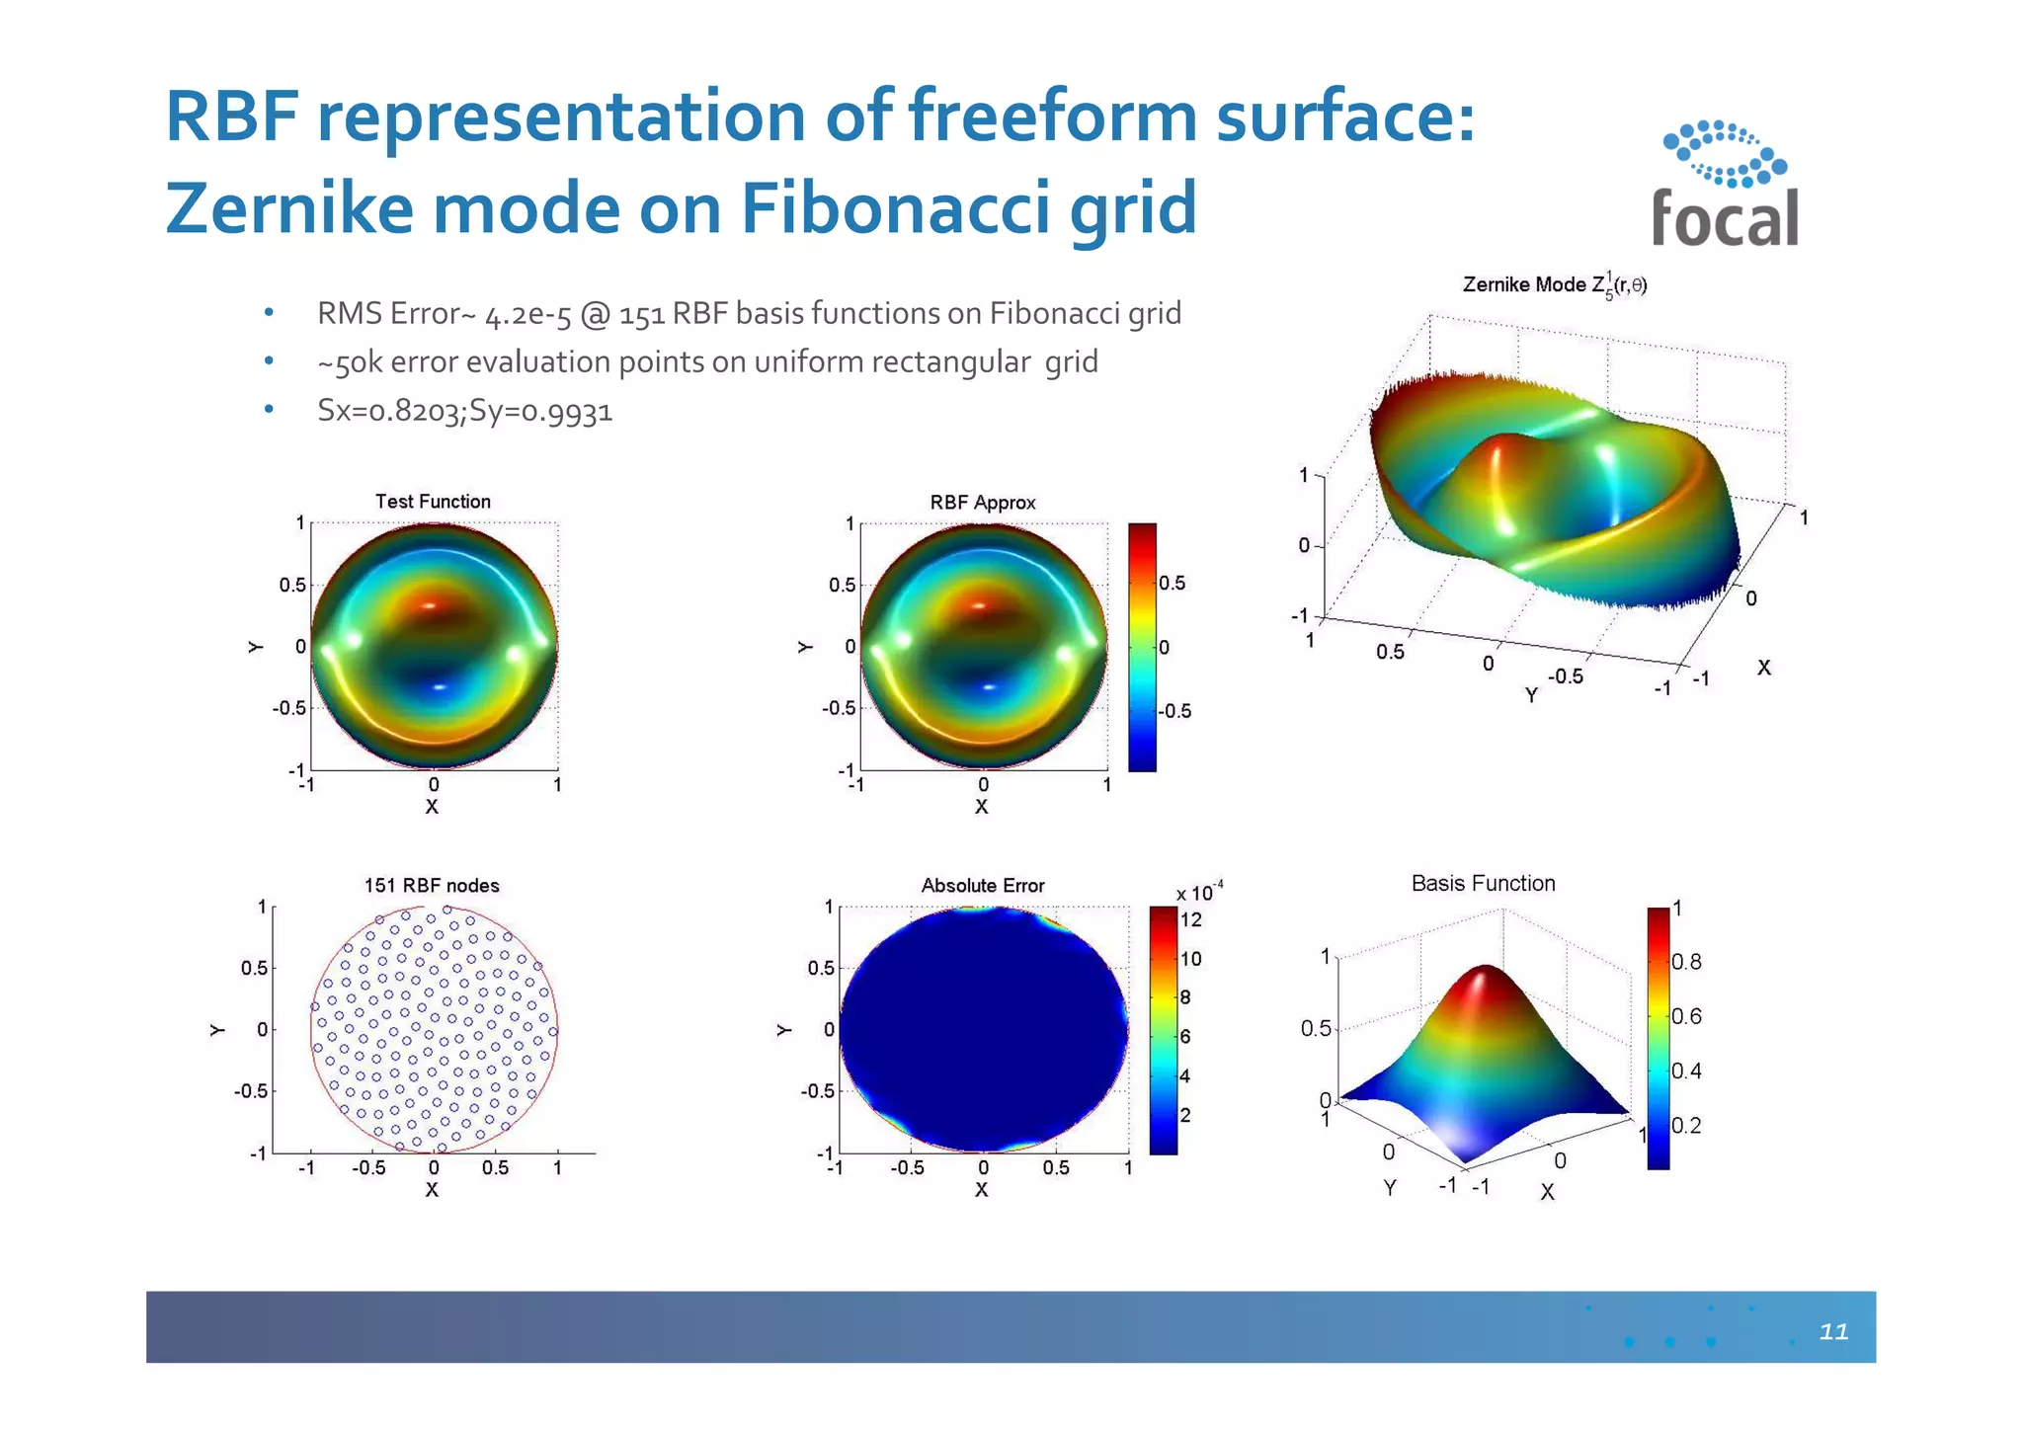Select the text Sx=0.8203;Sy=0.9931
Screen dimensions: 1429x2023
pyautogui.click(x=464, y=411)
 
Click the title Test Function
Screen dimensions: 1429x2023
pyautogui.click(x=433, y=502)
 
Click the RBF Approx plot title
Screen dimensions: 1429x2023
pyautogui.click(x=983, y=503)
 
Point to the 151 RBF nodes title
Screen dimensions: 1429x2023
pyautogui.click(x=432, y=886)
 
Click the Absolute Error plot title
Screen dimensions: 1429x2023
pyautogui.click(x=983, y=886)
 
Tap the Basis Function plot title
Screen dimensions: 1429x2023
pyautogui.click(x=1483, y=884)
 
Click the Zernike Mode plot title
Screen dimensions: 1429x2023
pyautogui.click(x=1554, y=285)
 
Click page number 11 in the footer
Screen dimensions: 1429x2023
pyautogui.click(x=1833, y=1331)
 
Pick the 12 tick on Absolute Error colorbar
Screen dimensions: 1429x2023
pyautogui.click(x=1191, y=920)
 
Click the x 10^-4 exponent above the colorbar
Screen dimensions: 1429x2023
pyautogui.click(x=1199, y=892)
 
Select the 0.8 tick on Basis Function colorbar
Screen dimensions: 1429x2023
pyautogui.click(x=1686, y=962)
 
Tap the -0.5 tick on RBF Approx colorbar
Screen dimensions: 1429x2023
pyautogui.click(x=1174, y=712)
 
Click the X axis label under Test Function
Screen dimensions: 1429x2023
pyautogui.click(x=432, y=807)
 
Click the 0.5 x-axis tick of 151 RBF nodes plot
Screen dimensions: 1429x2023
pyautogui.click(x=495, y=1168)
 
